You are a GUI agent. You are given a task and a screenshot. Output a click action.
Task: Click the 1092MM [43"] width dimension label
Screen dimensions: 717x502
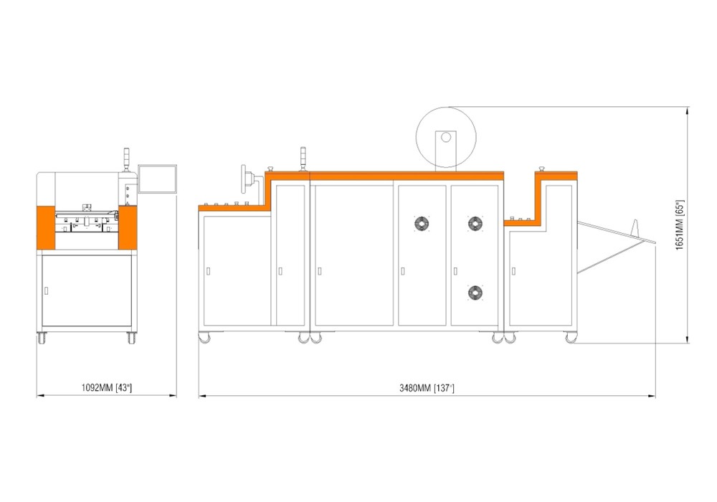[107, 388]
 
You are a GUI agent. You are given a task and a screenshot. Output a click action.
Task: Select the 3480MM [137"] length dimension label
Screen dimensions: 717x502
[427, 388]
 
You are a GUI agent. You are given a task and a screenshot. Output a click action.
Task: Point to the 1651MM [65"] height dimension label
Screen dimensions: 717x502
[680, 224]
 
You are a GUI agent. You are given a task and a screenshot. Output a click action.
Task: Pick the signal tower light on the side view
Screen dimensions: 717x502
[303, 158]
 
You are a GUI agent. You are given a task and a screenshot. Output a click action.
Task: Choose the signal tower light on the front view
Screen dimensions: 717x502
[127, 159]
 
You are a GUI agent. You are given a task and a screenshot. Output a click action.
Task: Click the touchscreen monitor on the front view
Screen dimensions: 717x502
[157, 179]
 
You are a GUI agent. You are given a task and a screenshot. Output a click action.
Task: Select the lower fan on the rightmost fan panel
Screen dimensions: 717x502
[475, 293]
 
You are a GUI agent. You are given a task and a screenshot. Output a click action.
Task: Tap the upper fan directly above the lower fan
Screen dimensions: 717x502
[475, 224]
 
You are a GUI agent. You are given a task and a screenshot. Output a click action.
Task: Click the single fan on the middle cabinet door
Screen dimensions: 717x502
[422, 224]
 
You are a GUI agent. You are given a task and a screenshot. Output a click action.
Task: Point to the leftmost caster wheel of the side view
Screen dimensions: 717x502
[204, 338]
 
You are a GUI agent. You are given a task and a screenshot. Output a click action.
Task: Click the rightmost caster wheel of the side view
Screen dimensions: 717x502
[571, 338]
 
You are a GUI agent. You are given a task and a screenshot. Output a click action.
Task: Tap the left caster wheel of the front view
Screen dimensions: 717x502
[42, 338]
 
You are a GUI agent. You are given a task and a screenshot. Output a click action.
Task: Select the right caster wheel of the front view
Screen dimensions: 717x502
[132, 338]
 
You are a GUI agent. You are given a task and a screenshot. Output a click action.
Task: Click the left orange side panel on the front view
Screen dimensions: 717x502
[46, 227]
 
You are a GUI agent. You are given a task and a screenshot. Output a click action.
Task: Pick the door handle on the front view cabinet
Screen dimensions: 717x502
[46, 290]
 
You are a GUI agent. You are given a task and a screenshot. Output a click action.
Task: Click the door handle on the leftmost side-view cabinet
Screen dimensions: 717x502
[209, 271]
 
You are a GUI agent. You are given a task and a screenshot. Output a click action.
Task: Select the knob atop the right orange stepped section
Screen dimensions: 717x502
[542, 169]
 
